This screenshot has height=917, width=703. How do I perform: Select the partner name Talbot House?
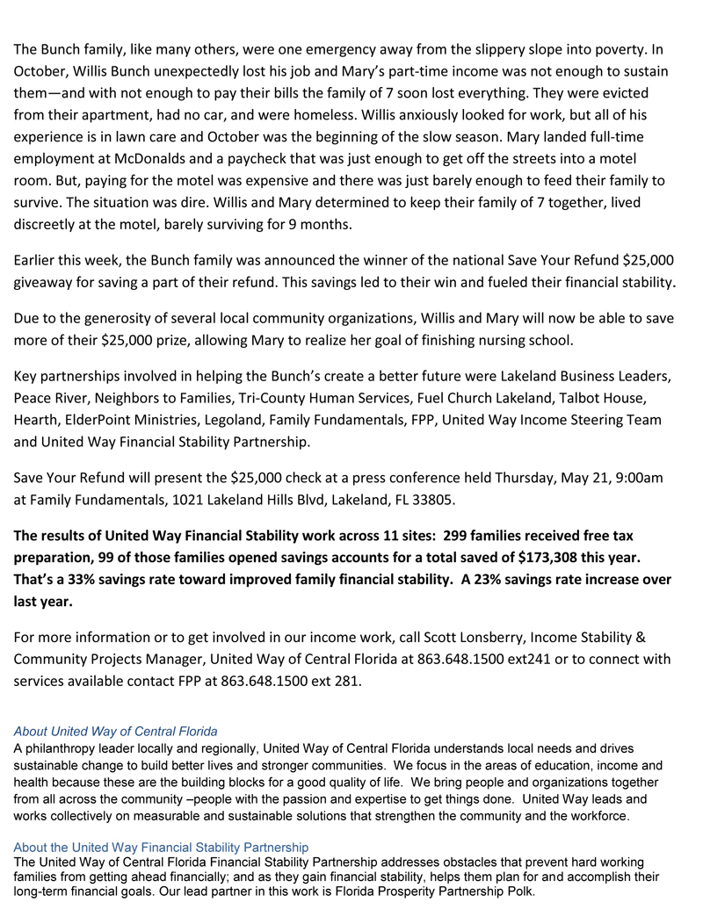click(x=625, y=398)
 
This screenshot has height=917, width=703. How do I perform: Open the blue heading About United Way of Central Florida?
click(x=116, y=731)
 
